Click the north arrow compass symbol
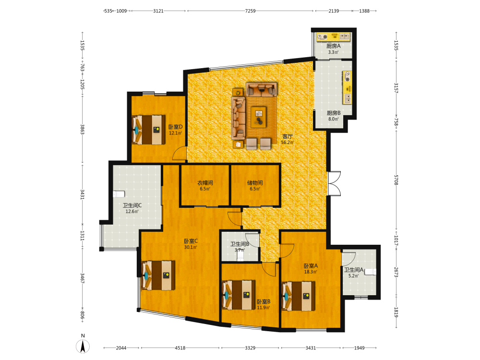83,346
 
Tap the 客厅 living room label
287,136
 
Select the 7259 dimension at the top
250,11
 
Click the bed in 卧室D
149,130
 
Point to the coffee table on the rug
259,117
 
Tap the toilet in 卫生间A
371,272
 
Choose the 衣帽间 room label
205,183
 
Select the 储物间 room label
255,183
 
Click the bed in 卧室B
239,295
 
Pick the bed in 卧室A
299,296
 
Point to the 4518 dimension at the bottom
180,348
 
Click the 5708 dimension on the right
396,180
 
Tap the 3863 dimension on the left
82,129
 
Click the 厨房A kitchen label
334,46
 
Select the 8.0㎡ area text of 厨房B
334,119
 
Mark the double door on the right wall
334,183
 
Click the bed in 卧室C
158,276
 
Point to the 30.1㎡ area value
191,247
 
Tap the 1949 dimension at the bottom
360,348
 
